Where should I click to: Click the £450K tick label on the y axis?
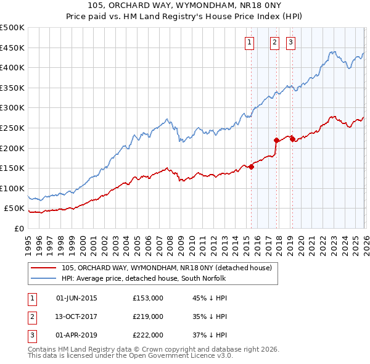pos(12,48)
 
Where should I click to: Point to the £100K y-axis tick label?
pos(12,188)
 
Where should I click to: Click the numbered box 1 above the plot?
pos(249,43)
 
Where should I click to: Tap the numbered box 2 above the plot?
pos(274,43)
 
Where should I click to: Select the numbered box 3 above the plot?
pos(290,43)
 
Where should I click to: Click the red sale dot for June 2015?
pos(251,167)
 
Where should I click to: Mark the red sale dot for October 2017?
pos(276,140)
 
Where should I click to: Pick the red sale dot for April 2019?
pos(292,139)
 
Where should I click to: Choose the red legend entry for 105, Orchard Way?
pos(170,268)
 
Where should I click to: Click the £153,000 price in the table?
pos(148,298)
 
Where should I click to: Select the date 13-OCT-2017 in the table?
pos(76,316)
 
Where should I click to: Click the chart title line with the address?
pos(185,7)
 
